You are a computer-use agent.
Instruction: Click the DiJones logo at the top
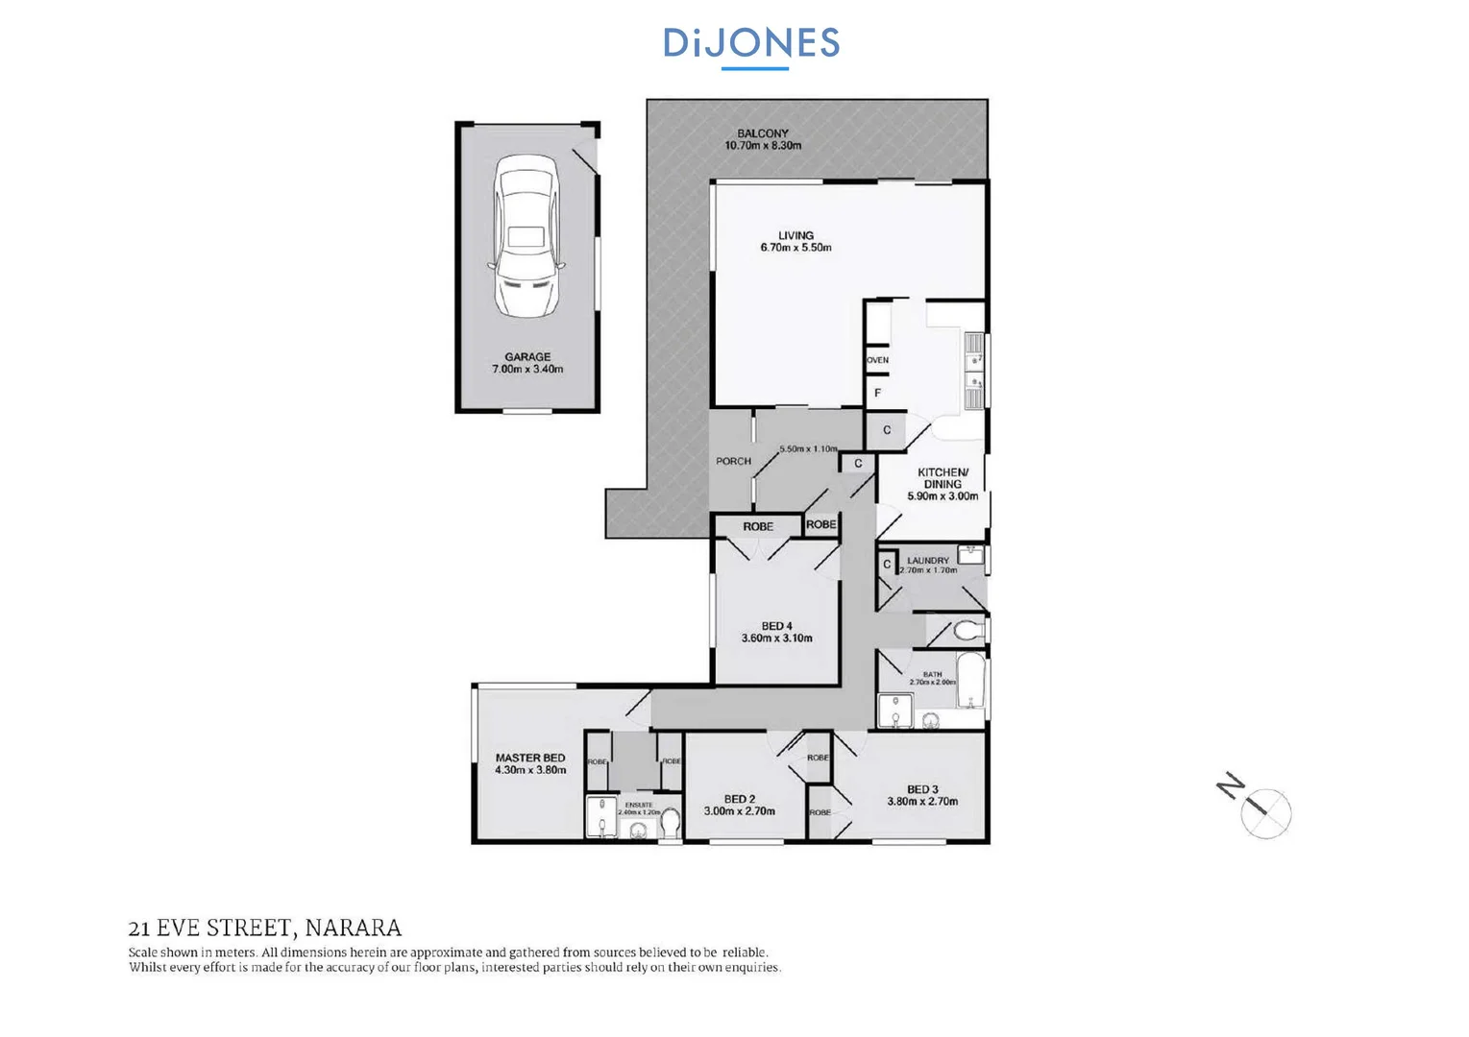click(751, 44)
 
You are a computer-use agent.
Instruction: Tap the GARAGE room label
click(527, 356)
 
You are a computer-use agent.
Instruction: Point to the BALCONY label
click(763, 133)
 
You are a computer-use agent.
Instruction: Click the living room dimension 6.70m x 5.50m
click(796, 248)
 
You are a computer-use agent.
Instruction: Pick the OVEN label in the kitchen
click(878, 360)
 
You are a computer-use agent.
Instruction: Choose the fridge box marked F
click(877, 393)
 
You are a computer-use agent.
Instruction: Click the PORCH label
click(733, 461)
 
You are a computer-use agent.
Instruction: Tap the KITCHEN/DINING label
click(943, 477)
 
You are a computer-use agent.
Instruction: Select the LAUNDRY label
click(927, 560)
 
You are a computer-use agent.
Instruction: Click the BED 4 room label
click(776, 626)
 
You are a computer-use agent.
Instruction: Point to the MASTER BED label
click(530, 758)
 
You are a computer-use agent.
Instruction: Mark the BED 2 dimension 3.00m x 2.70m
click(739, 811)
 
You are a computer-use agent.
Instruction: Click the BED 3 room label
click(922, 789)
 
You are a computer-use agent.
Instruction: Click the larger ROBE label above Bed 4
click(757, 526)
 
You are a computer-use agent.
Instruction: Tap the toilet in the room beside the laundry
click(967, 631)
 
